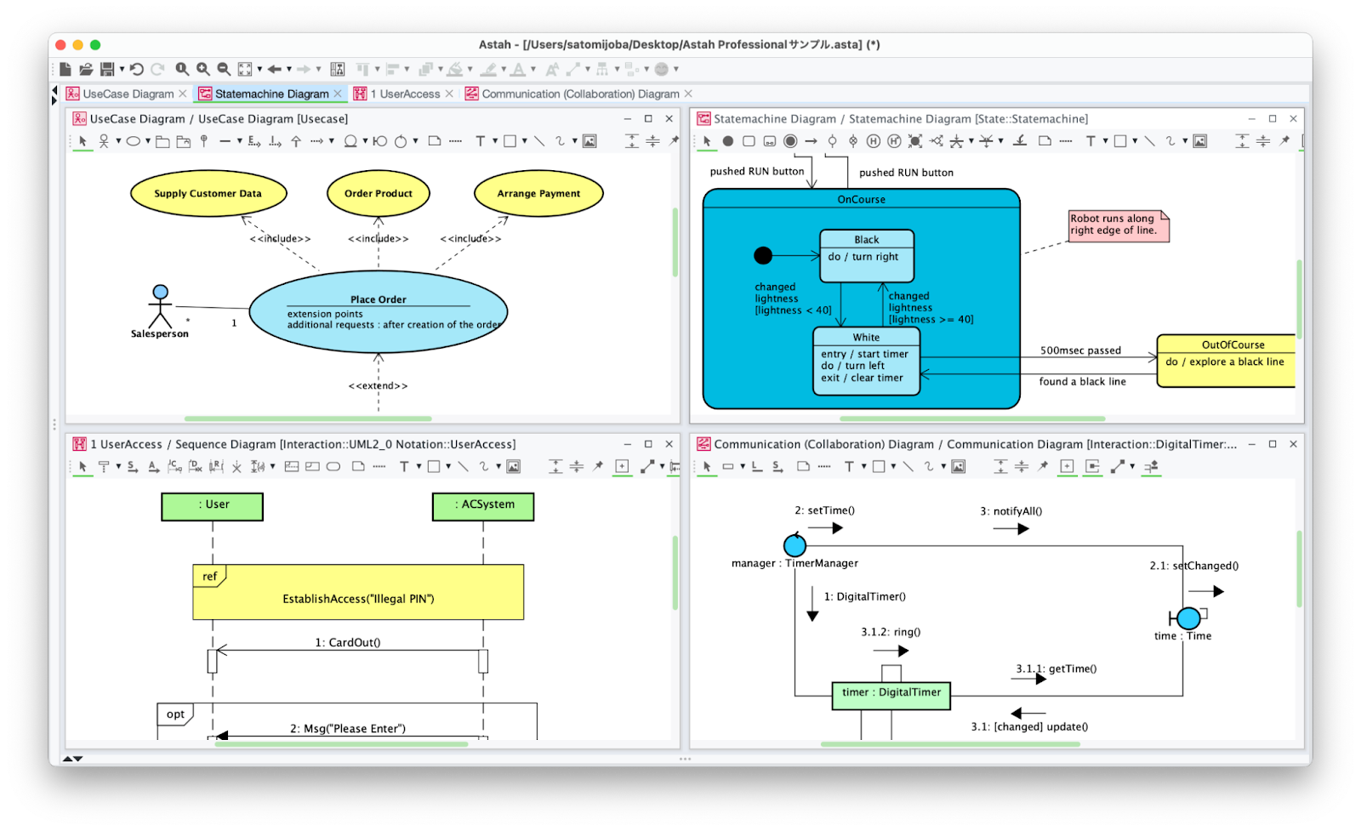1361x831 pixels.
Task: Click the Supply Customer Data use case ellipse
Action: pos(208,193)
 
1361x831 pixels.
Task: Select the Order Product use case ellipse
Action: pos(378,193)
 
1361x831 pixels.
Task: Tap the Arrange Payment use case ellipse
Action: pos(538,193)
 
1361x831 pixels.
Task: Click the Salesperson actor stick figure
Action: pos(161,307)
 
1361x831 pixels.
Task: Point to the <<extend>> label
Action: pos(378,386)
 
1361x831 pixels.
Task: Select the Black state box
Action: pos(867,256)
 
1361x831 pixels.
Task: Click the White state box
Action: pos(866,361)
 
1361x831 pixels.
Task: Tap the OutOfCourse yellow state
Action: pos(1226,361)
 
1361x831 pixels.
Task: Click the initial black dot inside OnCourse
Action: pos(763,255)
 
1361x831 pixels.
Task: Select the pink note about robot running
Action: pos(1119,226)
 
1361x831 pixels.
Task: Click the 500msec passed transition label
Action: pos(1080,350)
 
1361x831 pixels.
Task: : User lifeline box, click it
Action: pos(212,507)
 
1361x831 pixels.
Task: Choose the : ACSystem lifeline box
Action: pos(483,507)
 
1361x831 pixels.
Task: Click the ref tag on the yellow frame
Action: pos(209,576)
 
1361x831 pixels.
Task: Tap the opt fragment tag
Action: pos(175,714)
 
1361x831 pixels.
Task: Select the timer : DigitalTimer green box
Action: pos(891,695)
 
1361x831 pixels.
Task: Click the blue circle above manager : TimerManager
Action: pos(794,545)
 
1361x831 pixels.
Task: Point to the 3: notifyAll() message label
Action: pos(1011,511)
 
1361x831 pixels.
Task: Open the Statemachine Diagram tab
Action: pos(270,94)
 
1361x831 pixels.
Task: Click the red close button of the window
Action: pos(60,44)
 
